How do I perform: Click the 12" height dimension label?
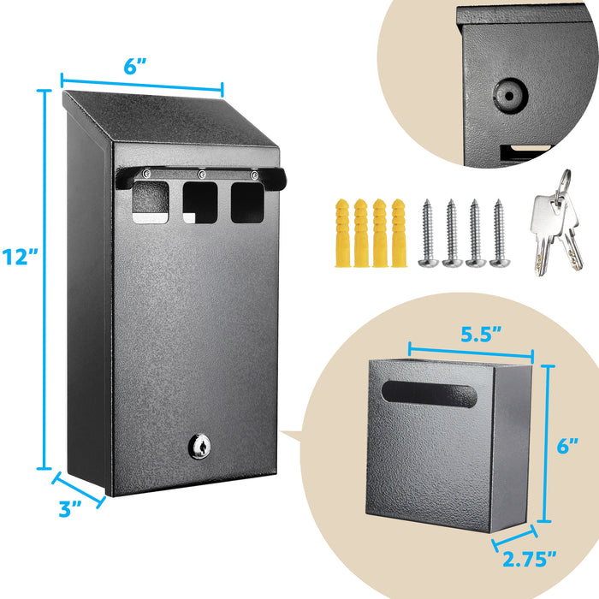tap(20, 257)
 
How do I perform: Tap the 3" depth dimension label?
tap(70, 508)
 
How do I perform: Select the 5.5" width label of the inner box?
tap(481, 335)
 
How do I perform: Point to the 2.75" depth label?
tap(530, 560)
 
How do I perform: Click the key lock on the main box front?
tap(199, 446)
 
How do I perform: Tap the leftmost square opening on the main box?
tap(151, 202)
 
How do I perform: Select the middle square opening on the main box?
tap(200, 203)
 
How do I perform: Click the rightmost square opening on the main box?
tap(247, 203)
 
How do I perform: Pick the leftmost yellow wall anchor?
tap(342, 233)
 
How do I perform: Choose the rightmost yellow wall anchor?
tap(399, 233)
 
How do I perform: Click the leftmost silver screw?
tap(428, 233)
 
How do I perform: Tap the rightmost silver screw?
tap(499, 233)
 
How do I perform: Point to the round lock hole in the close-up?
tap(510, 96)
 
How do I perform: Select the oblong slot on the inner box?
tap(429, 394)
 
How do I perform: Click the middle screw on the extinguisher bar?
tap(201, 175)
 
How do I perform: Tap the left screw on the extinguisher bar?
tap(146, 174)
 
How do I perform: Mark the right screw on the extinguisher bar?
tap(254, 175)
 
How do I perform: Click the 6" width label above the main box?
tap(135, 67)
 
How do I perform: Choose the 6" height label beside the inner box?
tap(567, 446)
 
